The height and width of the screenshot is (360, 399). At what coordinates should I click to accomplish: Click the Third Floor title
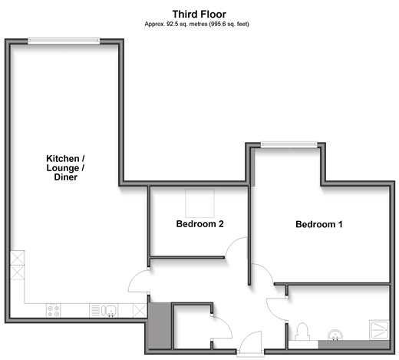[199, 14]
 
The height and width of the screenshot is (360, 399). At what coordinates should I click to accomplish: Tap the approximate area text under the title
[196, 24]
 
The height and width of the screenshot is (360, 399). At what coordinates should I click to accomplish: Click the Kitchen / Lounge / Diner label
[65, 168]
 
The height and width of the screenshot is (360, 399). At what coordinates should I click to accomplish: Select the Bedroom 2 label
[200, 224]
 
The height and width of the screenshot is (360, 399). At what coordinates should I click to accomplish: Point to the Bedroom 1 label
[319, 224]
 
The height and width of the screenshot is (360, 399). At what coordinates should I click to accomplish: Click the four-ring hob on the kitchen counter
[54, 311]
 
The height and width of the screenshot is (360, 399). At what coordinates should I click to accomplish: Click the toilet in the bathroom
[302, 332]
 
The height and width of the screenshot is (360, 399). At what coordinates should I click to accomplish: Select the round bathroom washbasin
[335, 335]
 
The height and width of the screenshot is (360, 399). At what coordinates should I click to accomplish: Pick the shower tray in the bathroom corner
[379, 330]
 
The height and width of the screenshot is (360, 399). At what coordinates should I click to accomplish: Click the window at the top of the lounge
[64, 41]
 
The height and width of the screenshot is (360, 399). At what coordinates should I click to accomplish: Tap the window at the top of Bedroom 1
[289, 144]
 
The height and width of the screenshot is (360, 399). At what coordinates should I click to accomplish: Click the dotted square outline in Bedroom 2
[199, 203]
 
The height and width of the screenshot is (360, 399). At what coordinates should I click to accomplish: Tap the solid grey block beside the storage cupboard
[160, 325]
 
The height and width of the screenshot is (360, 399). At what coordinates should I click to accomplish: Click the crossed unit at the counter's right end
[140, 311]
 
